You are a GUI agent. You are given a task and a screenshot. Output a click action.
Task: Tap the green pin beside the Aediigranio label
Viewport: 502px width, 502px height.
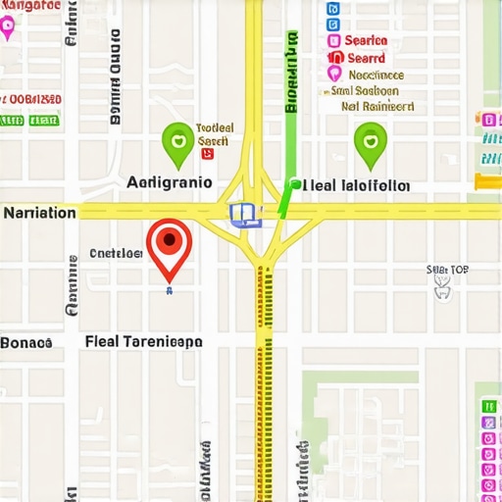click(x=178, y=143)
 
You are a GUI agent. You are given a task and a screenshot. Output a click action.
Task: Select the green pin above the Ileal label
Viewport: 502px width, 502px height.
click(x=370, y=143)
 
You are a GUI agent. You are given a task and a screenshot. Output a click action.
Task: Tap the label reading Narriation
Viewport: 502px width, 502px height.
click(x=39, y=213)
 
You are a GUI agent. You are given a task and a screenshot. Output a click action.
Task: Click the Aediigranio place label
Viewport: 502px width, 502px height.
click(x=169, y=182)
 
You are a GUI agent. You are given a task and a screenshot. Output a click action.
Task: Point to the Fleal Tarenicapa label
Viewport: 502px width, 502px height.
click(x=144, y=342)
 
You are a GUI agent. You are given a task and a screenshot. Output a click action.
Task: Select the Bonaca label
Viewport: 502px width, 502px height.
click(x=25, y=343)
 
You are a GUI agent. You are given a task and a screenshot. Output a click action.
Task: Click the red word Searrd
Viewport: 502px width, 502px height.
click(x=366, y=58)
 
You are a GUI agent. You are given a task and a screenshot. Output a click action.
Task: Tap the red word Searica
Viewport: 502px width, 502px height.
click(x=366, y=40)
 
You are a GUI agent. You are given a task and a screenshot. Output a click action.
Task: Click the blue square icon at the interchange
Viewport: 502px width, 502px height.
click(x=241, y=213)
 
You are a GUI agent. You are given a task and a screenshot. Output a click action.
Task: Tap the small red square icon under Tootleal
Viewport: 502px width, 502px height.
click(x=206, y=153)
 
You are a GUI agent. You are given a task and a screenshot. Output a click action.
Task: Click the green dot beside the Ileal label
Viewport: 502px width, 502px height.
click(x=294, y=182)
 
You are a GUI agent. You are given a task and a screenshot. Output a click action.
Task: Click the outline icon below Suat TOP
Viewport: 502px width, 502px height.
click(x=442, y=285)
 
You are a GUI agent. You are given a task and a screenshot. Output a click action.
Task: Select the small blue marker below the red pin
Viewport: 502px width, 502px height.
click(x=169, y=291)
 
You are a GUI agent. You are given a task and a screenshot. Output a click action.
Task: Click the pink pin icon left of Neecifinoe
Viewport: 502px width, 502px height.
click(x=334, y=75)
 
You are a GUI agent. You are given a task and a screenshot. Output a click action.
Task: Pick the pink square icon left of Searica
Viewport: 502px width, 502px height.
click(x=333, y=40)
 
